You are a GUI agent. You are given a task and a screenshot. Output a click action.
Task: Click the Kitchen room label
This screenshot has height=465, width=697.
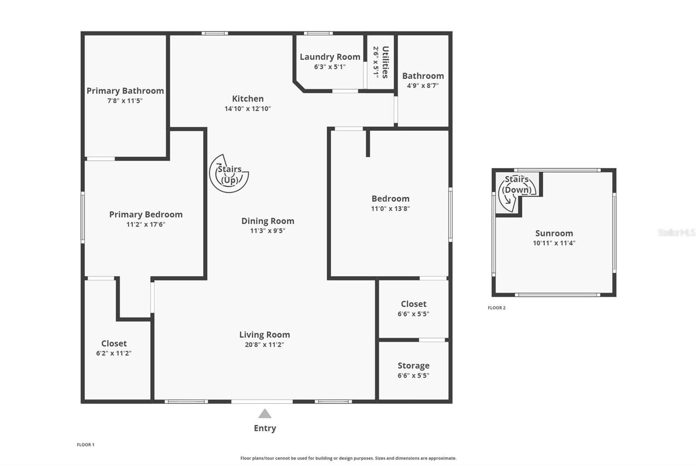(x=248, y=99)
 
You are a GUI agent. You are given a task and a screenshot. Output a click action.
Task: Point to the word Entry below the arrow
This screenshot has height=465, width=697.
(x=265, y=428)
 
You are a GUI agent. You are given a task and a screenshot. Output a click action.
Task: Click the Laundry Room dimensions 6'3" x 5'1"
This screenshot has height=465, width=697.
(x=330, y=67)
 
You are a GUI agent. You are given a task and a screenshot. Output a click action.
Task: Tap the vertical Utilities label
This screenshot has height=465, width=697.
(x=385, y=62)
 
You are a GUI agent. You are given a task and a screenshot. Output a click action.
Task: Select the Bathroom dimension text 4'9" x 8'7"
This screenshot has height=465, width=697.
(x=423, y=85)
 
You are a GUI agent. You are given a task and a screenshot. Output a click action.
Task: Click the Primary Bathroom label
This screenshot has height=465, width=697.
(x=125, y=91)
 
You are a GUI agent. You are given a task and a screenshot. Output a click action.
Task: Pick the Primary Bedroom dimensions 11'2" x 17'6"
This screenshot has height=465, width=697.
(x=145, y=224)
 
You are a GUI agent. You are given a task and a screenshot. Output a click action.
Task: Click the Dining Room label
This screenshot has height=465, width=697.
(x=267, y=221)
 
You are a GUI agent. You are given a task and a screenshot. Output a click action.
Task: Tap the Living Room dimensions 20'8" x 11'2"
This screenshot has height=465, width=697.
(x=264, y=344)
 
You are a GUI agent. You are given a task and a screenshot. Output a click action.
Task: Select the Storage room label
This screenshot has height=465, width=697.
(x=413, y=366)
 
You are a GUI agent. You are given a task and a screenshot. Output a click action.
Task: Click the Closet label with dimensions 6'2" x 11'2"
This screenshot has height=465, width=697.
(x=114, y=343)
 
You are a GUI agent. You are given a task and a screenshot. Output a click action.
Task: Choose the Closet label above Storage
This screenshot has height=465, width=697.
(x=413, y=304)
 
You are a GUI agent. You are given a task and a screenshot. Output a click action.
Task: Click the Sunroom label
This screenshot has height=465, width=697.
(x=554, y=233)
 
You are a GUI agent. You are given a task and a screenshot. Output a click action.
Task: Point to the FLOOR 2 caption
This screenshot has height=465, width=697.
(x=497, y=308)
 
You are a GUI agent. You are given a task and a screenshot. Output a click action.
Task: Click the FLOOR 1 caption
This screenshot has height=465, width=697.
(x=85, y=445)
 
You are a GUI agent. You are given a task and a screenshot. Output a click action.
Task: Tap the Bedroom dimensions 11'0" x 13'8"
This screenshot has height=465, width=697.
(x=390, y=209)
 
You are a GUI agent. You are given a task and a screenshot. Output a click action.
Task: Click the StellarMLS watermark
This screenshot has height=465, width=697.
(x=677, y=232)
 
